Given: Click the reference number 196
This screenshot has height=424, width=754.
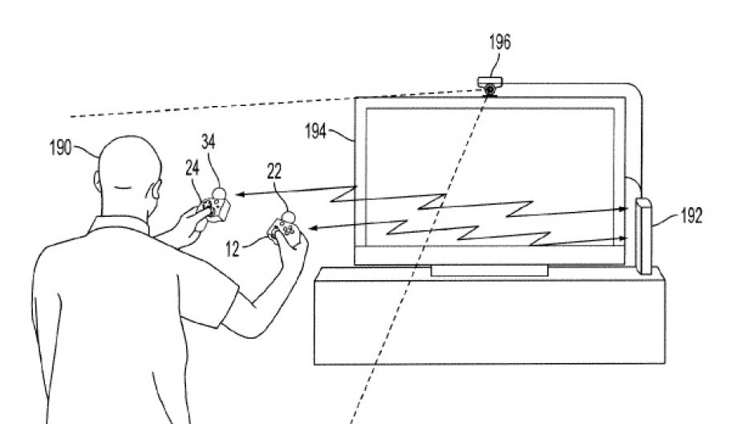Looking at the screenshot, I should [499, 43].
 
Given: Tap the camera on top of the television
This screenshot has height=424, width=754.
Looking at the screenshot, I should [489, 83].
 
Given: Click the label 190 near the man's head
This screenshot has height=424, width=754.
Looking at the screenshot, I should [61, 147].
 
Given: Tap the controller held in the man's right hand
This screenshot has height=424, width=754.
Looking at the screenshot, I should [285, 232].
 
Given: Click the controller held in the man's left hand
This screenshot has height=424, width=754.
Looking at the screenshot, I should [214, 208].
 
